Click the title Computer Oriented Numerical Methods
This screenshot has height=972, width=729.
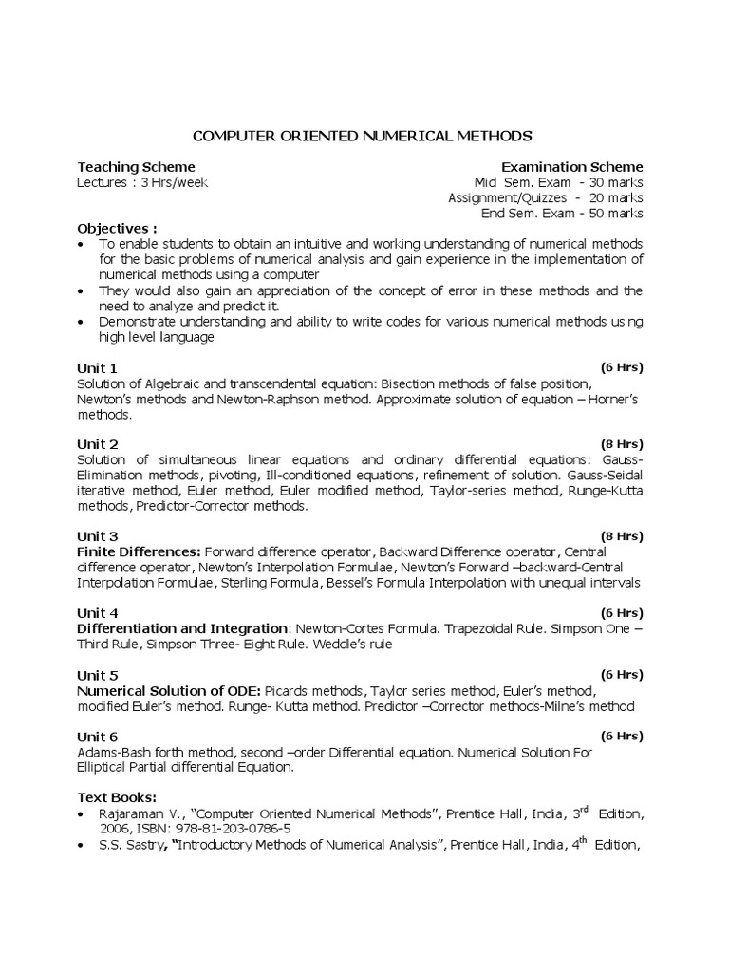(x=364, y=135)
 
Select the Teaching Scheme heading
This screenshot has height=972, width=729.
(x=136, y=166)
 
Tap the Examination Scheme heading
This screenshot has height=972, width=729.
(x=571, y=166)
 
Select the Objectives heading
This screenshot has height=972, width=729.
(x=117, y=229)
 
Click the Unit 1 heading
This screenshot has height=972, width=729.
(x=97, y=367)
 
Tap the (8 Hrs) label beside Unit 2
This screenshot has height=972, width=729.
(x=621, y=443)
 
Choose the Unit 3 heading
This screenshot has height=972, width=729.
(x=97, y=536)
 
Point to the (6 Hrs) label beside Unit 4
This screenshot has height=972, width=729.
(x=621, y=612)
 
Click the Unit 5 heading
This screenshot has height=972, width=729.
(x=97, y=675)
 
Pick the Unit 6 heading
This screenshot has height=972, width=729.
(x=97, y=737)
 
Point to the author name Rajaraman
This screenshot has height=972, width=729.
(x=131, y=814)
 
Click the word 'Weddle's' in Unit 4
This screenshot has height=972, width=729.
(x=329, y=645)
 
